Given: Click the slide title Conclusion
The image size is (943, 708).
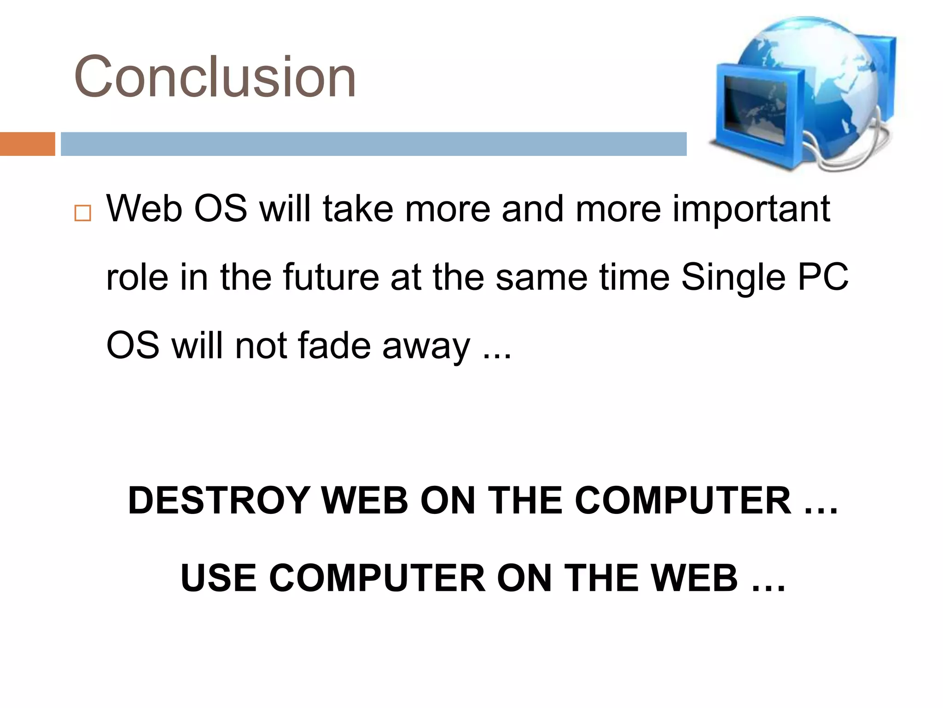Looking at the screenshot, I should pyautogui.click(x=215, y=77).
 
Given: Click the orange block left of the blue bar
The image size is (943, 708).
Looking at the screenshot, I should pyautogui.click(x=27, y=144).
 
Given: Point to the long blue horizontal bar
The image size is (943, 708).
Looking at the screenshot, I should pyautogui.click(x=373, y=144).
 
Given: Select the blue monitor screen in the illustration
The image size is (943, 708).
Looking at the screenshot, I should pyautogui.click(x=755, y=110).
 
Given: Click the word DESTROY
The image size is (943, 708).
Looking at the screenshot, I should pyautogui.click(x=219, y=501).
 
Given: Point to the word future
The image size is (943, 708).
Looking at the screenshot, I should pyautogui.click(x=331, y=277).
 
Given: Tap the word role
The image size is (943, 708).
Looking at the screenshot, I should pyautogui.click(x=137, y=277).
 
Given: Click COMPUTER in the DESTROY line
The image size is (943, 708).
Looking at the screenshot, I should pyautogui.click(x=683, y=501).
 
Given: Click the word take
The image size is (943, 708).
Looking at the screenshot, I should pyautogui.click(x=358, y=209).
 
